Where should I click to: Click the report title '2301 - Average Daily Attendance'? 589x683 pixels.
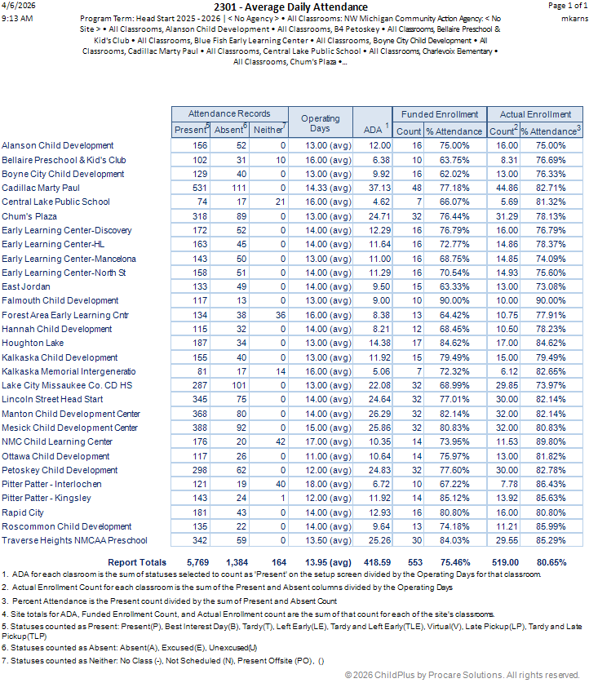[291, 7]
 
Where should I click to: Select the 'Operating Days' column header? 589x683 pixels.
[320, 123]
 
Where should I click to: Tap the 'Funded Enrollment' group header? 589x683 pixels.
[439, 114]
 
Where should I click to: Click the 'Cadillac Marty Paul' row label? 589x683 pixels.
[41, 188]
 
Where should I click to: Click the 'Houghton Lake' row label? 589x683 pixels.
[33, 344]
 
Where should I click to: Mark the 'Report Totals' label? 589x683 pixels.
[137, 562]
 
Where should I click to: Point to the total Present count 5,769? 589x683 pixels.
[197, 562]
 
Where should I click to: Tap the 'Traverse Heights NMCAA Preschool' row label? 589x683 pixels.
[74, 540]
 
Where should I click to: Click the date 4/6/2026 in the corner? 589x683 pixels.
[16, 6]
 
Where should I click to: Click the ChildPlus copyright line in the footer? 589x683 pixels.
[462, 675]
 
